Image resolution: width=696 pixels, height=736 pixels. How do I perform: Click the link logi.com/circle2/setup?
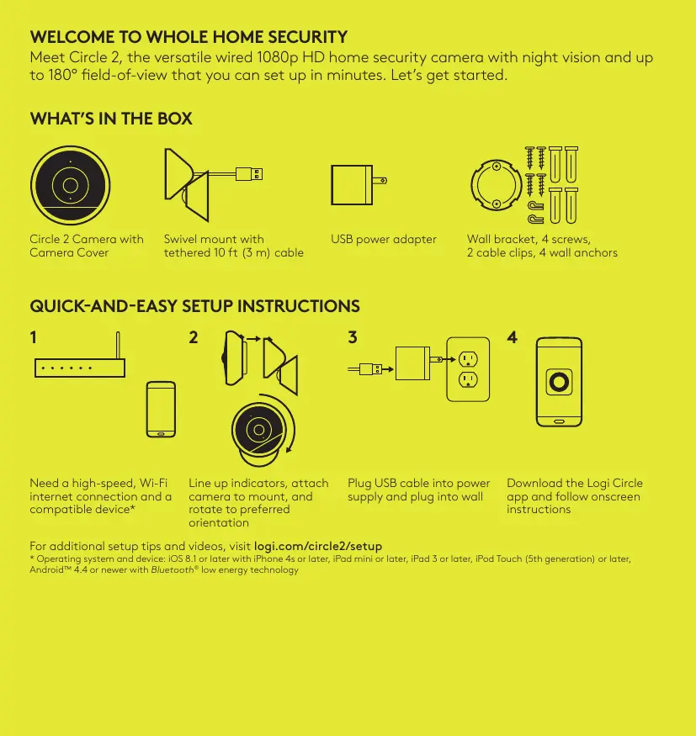318,547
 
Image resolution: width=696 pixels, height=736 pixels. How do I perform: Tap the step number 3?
353,337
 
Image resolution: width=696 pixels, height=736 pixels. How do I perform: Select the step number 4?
512,337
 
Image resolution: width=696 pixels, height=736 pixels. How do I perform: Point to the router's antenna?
118,346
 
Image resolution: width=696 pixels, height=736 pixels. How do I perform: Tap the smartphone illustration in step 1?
161,410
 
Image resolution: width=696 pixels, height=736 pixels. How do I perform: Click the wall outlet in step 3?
468,369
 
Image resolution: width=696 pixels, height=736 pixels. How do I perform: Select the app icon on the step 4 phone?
559,382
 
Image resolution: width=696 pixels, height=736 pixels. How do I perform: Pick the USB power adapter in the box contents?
359,185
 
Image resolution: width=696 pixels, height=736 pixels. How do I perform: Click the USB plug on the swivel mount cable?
249,174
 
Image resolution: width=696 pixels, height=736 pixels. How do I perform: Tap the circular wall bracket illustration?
497,185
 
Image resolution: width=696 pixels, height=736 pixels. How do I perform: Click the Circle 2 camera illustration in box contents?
71,185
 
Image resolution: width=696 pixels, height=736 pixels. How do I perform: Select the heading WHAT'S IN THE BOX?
111,119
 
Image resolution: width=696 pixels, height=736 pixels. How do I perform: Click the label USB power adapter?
384,240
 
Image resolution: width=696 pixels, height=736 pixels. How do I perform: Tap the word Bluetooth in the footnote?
173,569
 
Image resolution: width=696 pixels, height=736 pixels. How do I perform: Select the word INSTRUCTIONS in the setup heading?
299,306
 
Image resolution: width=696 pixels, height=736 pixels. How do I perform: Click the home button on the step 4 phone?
559,421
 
